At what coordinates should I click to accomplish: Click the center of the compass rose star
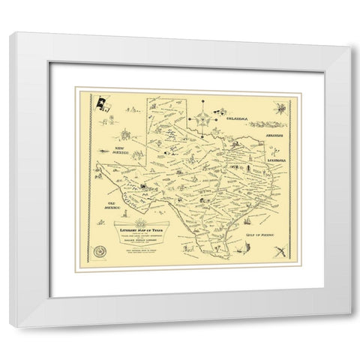pos(202,118)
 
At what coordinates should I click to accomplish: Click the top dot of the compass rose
pos(202,104)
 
